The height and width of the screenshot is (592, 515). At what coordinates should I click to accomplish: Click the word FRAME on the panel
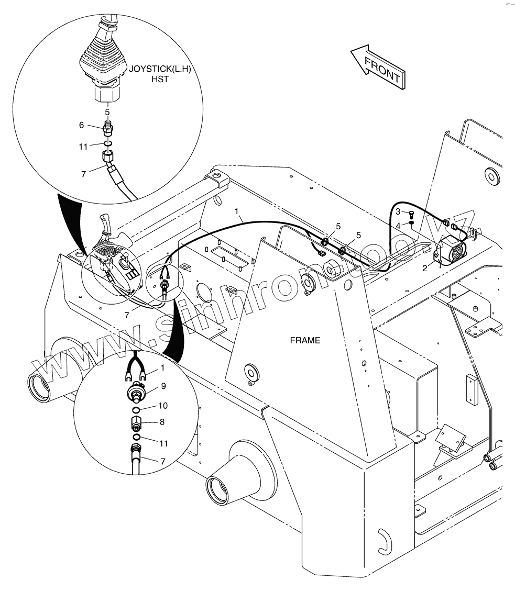305,340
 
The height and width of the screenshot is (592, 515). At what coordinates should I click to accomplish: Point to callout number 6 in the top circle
81,125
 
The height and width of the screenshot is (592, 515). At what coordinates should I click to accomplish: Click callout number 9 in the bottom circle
163,386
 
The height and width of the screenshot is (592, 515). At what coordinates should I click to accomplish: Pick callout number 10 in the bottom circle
163,406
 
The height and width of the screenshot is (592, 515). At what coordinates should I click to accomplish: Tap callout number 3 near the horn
398,211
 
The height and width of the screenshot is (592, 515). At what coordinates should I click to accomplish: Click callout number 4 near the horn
398,225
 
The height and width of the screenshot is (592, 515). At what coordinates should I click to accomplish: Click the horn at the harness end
452,250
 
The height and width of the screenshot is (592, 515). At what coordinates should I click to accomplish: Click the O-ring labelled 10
135,410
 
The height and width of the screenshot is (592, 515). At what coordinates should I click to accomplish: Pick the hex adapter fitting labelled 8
136,422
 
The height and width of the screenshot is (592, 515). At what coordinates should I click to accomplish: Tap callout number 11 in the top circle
83,147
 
